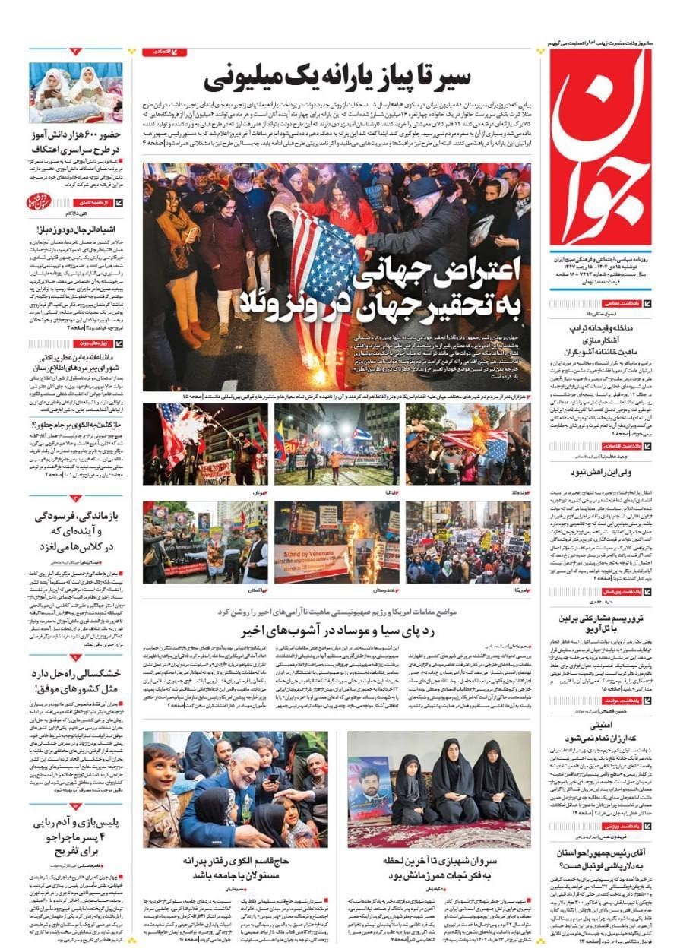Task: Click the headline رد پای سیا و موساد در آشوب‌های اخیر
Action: pos(336,630)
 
